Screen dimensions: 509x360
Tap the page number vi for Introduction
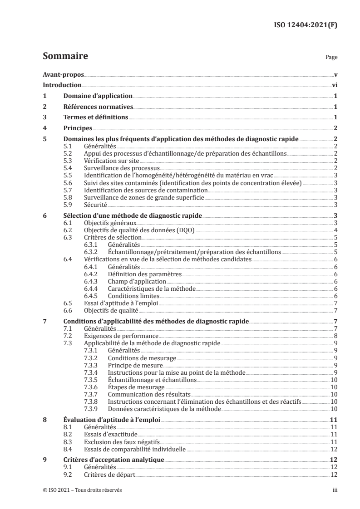(x=334, y=85)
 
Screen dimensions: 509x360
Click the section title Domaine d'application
(x=97, y=96)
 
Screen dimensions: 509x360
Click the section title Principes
(x=78, y=128)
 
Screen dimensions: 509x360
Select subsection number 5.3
(x=67, y=161)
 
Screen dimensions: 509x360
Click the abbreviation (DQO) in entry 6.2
(x=186, y=230)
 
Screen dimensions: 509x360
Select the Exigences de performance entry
(x=118, y=336)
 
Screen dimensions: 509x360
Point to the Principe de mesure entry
(x=135, y=365)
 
